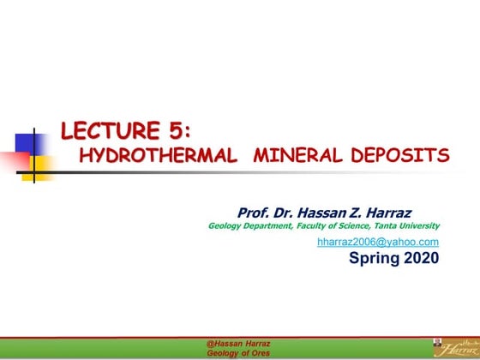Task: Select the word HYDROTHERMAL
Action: pyautogui.click(x=158, y=155)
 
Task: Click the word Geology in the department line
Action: pyautogui.click(x=225, y=226)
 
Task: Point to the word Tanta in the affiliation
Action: pyautogui.click(x=373, y=226)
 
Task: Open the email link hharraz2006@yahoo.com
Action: pyautogui.click(x=378, y=243)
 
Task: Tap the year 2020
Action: pyautogui.click(x=419, y=257)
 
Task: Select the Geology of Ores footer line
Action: pyautogui.click(x=237, y=351)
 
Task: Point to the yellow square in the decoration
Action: pyautogui.click(x=39, y=165)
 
